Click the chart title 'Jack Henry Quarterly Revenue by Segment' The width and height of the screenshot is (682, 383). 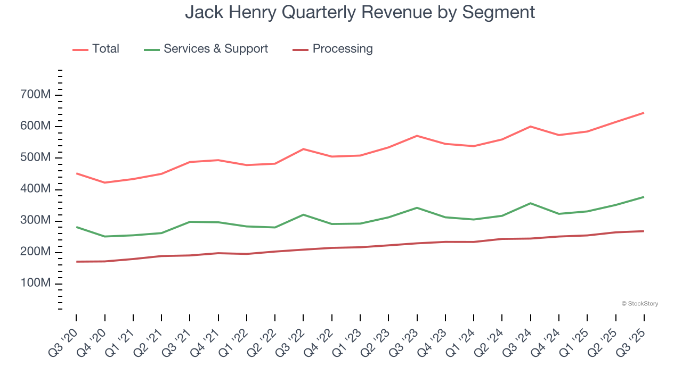(x=360, y=12)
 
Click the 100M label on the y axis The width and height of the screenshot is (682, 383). (x=36, y=284)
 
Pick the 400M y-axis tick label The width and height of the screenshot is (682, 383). (x=36, y=189)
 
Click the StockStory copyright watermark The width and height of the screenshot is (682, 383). (x=639, y=304)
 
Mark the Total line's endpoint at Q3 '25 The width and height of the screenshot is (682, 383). (x=644, y=113)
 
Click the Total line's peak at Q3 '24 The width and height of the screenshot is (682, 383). (x=530, y=127)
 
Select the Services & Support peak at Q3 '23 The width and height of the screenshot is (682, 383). (x=417, y=207)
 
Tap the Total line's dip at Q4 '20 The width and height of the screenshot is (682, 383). (x=104, y=182)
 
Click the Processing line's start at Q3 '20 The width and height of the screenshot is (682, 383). (x=76, y=262)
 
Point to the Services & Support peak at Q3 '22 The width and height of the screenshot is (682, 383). (x=303, y=214)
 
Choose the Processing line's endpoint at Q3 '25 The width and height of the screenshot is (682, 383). (x=644, y=231)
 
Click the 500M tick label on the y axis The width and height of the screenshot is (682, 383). (x=36, y=158)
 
